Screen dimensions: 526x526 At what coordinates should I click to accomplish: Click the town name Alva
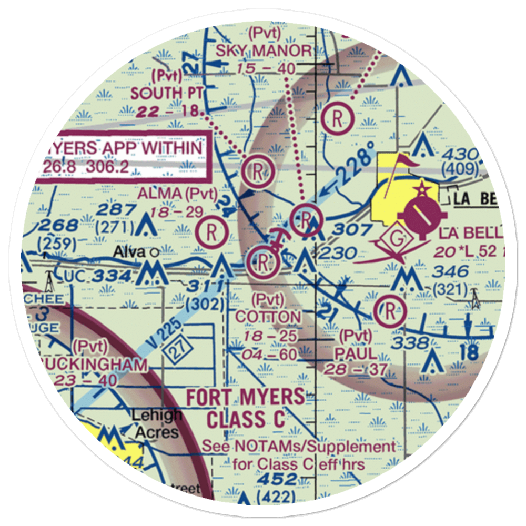(129, 252)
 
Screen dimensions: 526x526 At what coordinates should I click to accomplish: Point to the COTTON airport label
(268, 317)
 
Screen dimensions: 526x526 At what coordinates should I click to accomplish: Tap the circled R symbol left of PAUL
(390, 310)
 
